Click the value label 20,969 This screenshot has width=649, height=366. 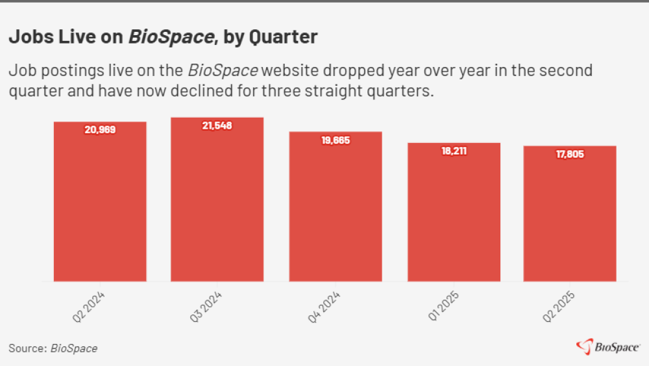click(100, 129)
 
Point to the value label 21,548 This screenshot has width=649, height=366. click(217, 125)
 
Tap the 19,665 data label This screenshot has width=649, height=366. click(336, 140)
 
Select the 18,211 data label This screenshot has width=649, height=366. click(454, 151)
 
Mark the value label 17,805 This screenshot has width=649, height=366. click(570, 154)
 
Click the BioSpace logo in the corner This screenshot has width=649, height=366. click(608, 347)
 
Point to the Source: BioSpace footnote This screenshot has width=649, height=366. click(53, 348)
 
